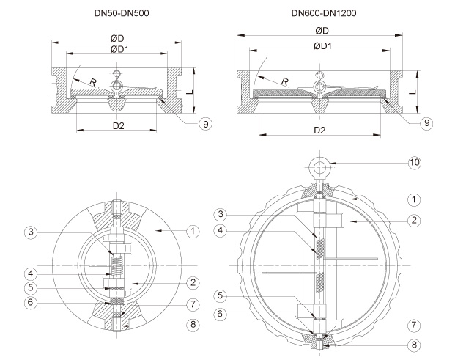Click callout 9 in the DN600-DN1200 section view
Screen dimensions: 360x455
point(426,124)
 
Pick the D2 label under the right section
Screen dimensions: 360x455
point(319,131)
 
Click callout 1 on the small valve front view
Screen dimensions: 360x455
point(192,232)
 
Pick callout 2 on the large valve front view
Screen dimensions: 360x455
point(414,219)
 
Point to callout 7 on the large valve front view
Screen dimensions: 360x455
point(414,324)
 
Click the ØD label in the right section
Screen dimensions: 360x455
point(321,31)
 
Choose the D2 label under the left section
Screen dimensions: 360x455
point(117,125)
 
